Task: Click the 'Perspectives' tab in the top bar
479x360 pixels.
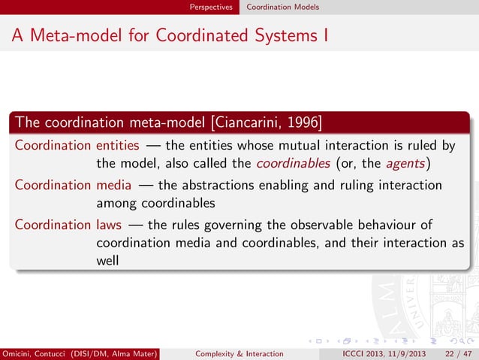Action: tap(212, 7)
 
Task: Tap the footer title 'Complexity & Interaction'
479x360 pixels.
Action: tap(239, 353)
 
